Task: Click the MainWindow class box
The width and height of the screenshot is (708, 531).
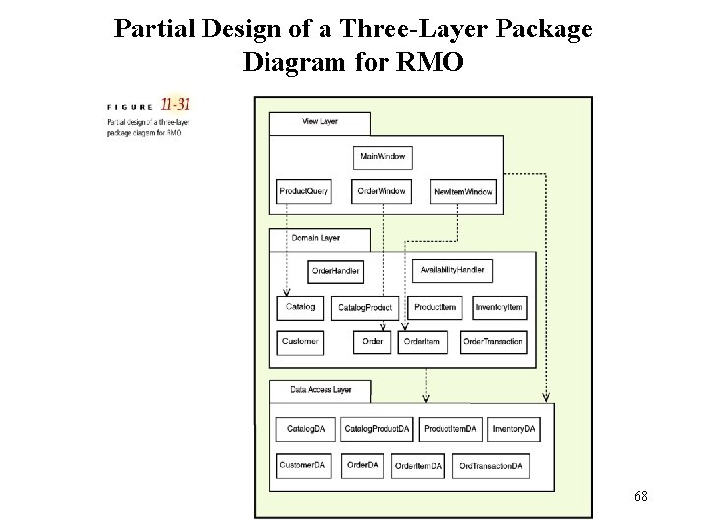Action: pyautogui.click(x=383, y=157)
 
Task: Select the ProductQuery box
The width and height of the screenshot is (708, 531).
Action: pyautogui.click(x=304, y=190)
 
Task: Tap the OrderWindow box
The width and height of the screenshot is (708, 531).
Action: pyautogui.click(x=382, y=190)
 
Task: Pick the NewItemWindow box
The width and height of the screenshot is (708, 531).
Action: pyautogui.click(x=464, y=190)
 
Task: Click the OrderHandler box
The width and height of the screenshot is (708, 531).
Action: pyautogui.click(x=335, y=270)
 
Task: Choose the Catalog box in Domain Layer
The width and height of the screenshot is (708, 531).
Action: pyautogui.click(x=300, y=308)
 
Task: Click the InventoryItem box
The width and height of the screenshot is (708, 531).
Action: pyautogui.click(x=500, y=308)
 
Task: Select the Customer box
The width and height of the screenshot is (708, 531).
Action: pyautogui.click(x=300, y=342)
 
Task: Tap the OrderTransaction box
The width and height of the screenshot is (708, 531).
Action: pyautogui.click(x=494, y=342)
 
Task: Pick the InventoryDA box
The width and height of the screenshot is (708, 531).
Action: pyautogui.click(x=513, y=429)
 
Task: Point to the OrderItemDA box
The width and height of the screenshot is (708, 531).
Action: pyautogui.click(x=419, y=464)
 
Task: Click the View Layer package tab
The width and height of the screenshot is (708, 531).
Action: pyautogui.click(x=320, y=123)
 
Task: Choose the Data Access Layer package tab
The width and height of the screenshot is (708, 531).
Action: pyautogui.click(x=321, y=390)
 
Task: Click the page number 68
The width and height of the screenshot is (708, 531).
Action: pyautogui.click(x=640, y=497)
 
